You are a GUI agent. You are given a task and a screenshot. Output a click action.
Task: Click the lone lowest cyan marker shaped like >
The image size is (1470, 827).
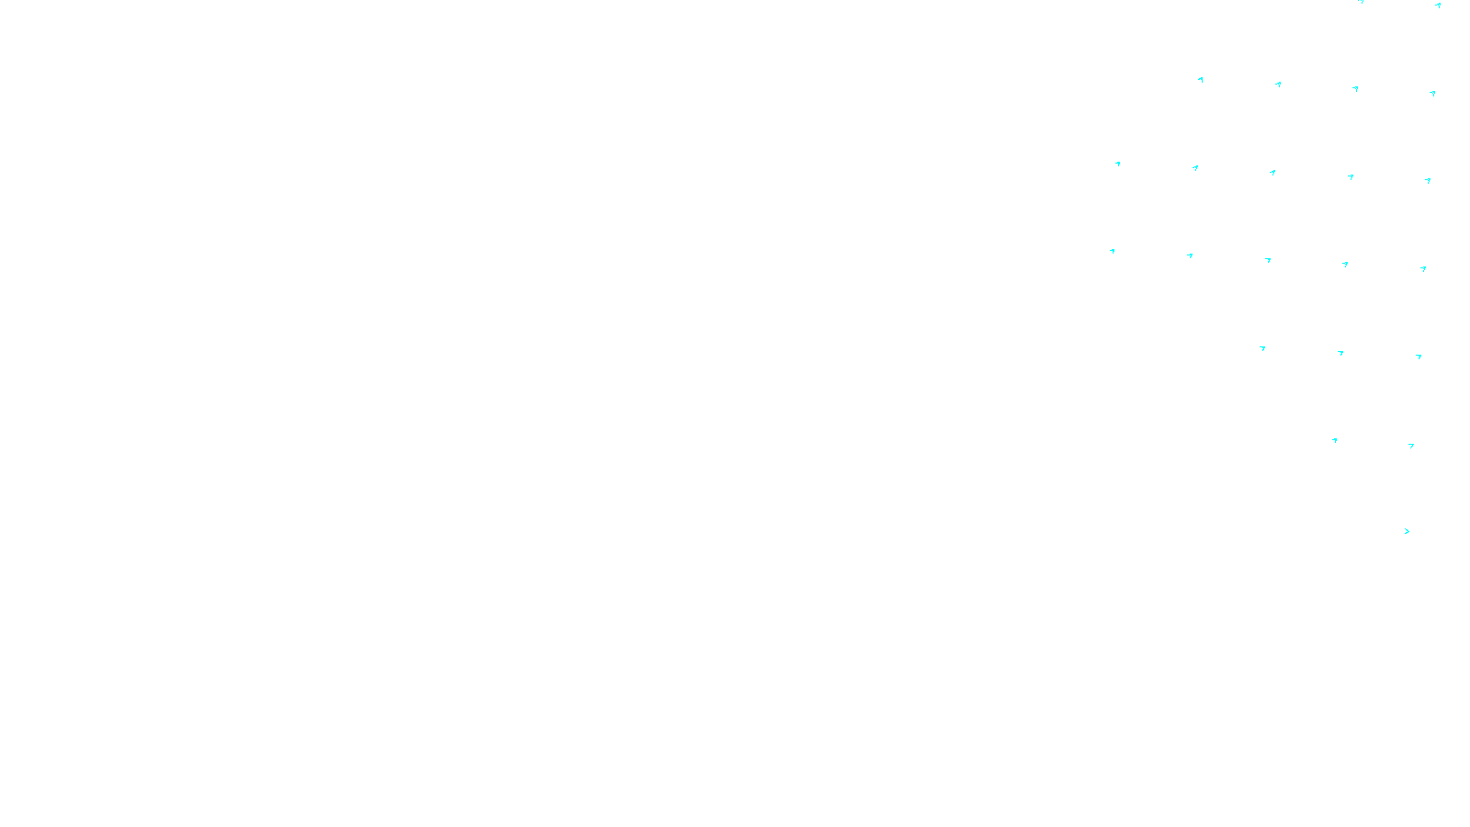(1407, 531)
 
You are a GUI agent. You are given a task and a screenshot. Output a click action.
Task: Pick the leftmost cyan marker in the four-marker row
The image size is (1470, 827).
(1201, 80)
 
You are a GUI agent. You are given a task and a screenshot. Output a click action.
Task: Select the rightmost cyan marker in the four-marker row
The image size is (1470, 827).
(1432, 93)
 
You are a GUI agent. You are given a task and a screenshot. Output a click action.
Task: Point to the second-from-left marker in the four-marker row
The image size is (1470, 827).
(1278, 85)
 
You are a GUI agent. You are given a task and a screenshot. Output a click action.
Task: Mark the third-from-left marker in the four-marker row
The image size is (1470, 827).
(1355, 89)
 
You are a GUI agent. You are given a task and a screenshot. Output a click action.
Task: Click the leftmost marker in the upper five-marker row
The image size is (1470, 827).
(1118, 164)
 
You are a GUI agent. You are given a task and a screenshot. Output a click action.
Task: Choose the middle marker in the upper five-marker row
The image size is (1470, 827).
(1272, 172)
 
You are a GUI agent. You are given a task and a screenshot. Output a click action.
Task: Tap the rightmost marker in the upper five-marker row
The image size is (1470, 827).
(1428, 181)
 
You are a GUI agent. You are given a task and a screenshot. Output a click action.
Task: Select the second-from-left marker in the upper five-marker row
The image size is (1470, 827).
(1195, 168)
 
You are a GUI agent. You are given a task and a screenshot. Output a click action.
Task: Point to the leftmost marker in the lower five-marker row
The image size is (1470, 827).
(1113, 251)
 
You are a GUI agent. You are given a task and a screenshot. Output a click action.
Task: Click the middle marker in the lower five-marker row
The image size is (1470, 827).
(1268, 260)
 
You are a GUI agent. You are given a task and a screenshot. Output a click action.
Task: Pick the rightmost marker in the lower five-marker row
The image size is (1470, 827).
(1423, 269)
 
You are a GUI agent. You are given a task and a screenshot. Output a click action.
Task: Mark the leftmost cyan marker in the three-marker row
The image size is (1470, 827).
(1262, 348)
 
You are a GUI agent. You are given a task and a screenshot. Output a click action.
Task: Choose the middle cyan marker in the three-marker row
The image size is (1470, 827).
(1340, 353)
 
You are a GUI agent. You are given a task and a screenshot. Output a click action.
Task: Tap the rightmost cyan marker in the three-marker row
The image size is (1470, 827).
(1419, 357)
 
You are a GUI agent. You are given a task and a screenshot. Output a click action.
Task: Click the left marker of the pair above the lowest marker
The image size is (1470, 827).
(1335, 440)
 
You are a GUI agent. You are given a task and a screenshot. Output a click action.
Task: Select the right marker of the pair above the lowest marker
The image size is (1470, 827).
(1411, 446)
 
